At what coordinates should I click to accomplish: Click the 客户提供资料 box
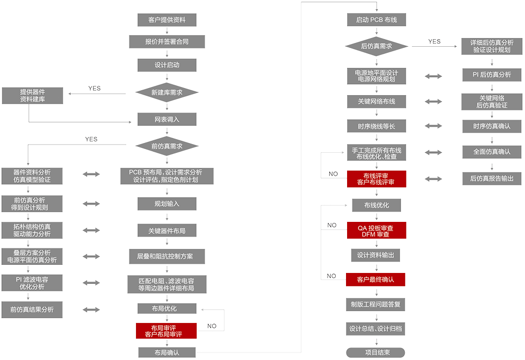click(x=166, y=20)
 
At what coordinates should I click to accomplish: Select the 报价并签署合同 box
click(x=166, y=41)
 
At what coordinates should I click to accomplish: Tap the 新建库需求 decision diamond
click(x=166, y=92)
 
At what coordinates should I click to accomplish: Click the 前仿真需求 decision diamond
click(x=166, y=146)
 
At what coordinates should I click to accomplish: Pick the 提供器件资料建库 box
click(x=32, y=95)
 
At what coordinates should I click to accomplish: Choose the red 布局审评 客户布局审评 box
click(x=166, y=331)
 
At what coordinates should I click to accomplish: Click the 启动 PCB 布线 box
click(x=376, y=20)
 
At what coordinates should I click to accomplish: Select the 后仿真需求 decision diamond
click(x=376, y=46)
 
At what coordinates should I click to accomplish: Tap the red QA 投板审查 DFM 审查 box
click(x=376, y=231)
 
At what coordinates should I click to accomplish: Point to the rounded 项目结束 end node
click(x=376, y=352)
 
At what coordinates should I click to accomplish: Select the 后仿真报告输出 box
click(x=492, y=178)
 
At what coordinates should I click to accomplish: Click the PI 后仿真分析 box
click(x=492, y=75)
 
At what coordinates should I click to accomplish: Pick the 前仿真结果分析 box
click(x=32, y=309)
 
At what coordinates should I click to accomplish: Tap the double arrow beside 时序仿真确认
click(x=434, y=126)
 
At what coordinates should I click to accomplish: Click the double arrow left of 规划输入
click(x=91, y=203)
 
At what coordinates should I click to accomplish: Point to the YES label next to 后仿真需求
click(x=434, y=41)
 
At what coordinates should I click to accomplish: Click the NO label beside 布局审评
click(x=212, y=326)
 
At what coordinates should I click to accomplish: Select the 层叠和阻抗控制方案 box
click(x=166, y=256)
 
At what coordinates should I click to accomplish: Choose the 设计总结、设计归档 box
click(x=376, y=328)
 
